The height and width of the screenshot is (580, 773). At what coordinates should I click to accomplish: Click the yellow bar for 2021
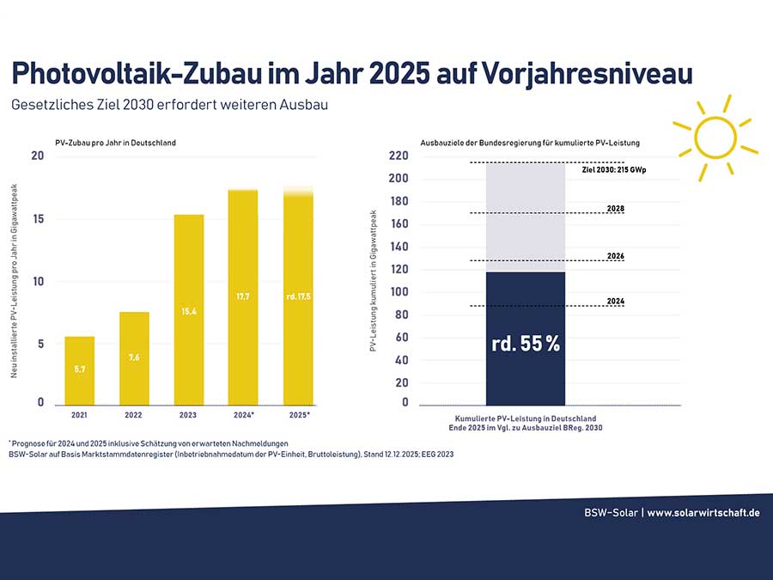point(79,370)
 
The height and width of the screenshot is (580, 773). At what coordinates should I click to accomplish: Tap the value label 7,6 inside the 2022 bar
point(134,357)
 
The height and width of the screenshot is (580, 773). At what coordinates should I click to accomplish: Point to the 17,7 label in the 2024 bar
point(243,296)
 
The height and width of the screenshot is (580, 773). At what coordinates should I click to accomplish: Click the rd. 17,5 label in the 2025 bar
point(298,296)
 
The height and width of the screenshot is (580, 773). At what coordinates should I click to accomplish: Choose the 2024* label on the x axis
point(244,415)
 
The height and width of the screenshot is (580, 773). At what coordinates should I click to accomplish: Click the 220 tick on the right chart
point(398,156)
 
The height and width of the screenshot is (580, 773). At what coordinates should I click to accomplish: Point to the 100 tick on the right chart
point(398,292)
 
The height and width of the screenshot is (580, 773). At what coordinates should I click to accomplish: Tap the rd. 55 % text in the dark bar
point(526,344)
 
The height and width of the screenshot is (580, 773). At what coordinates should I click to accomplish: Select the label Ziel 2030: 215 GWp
point(613,171)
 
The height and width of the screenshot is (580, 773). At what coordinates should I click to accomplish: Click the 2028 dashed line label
point(615,209)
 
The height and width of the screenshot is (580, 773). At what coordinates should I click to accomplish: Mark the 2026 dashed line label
point(615,256)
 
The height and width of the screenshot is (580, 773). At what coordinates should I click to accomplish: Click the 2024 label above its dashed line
point(615,302)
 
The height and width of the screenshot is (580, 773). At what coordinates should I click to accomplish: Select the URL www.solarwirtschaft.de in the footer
point(703,513)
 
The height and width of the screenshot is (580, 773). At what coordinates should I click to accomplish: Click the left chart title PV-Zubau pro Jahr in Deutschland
point(121,143)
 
